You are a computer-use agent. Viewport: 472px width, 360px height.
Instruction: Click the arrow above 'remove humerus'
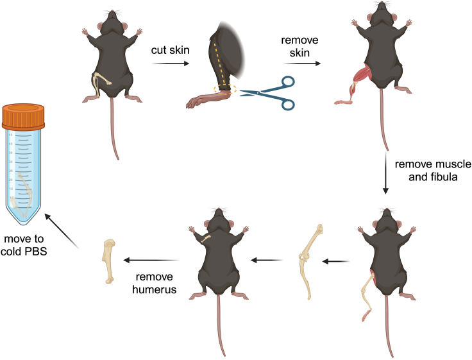click(x=151, y=260)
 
